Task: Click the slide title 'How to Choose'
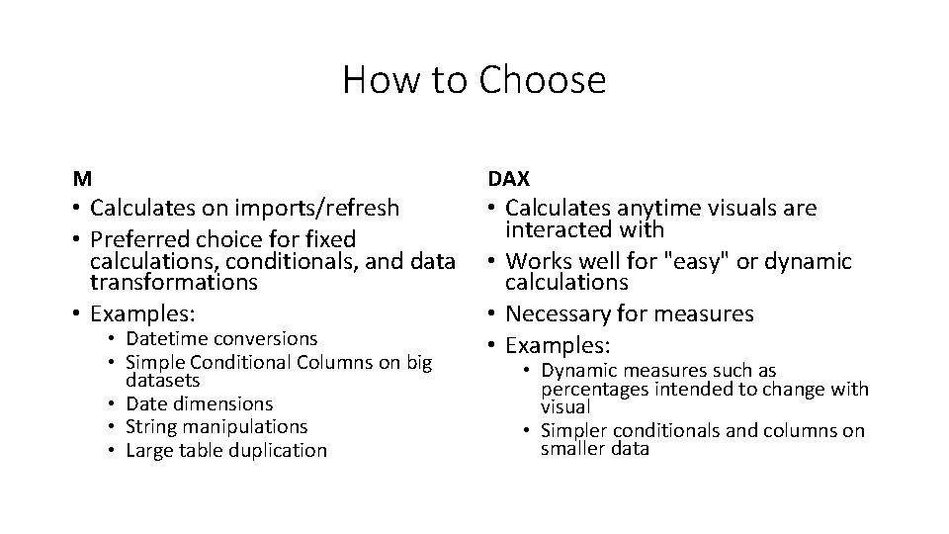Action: [x=474, y=79]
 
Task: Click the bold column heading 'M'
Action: [x=82, y=179]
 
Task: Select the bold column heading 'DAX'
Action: [x=509, y=179]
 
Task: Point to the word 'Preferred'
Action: [x=138, y=239]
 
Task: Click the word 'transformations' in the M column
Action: [x=173, y=282]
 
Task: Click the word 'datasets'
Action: [x=163, y=380]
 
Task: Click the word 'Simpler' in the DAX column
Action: [x=575, y=430]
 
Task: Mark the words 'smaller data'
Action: [x=594, y=448]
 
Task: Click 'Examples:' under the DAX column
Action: [x=558, y=346]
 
